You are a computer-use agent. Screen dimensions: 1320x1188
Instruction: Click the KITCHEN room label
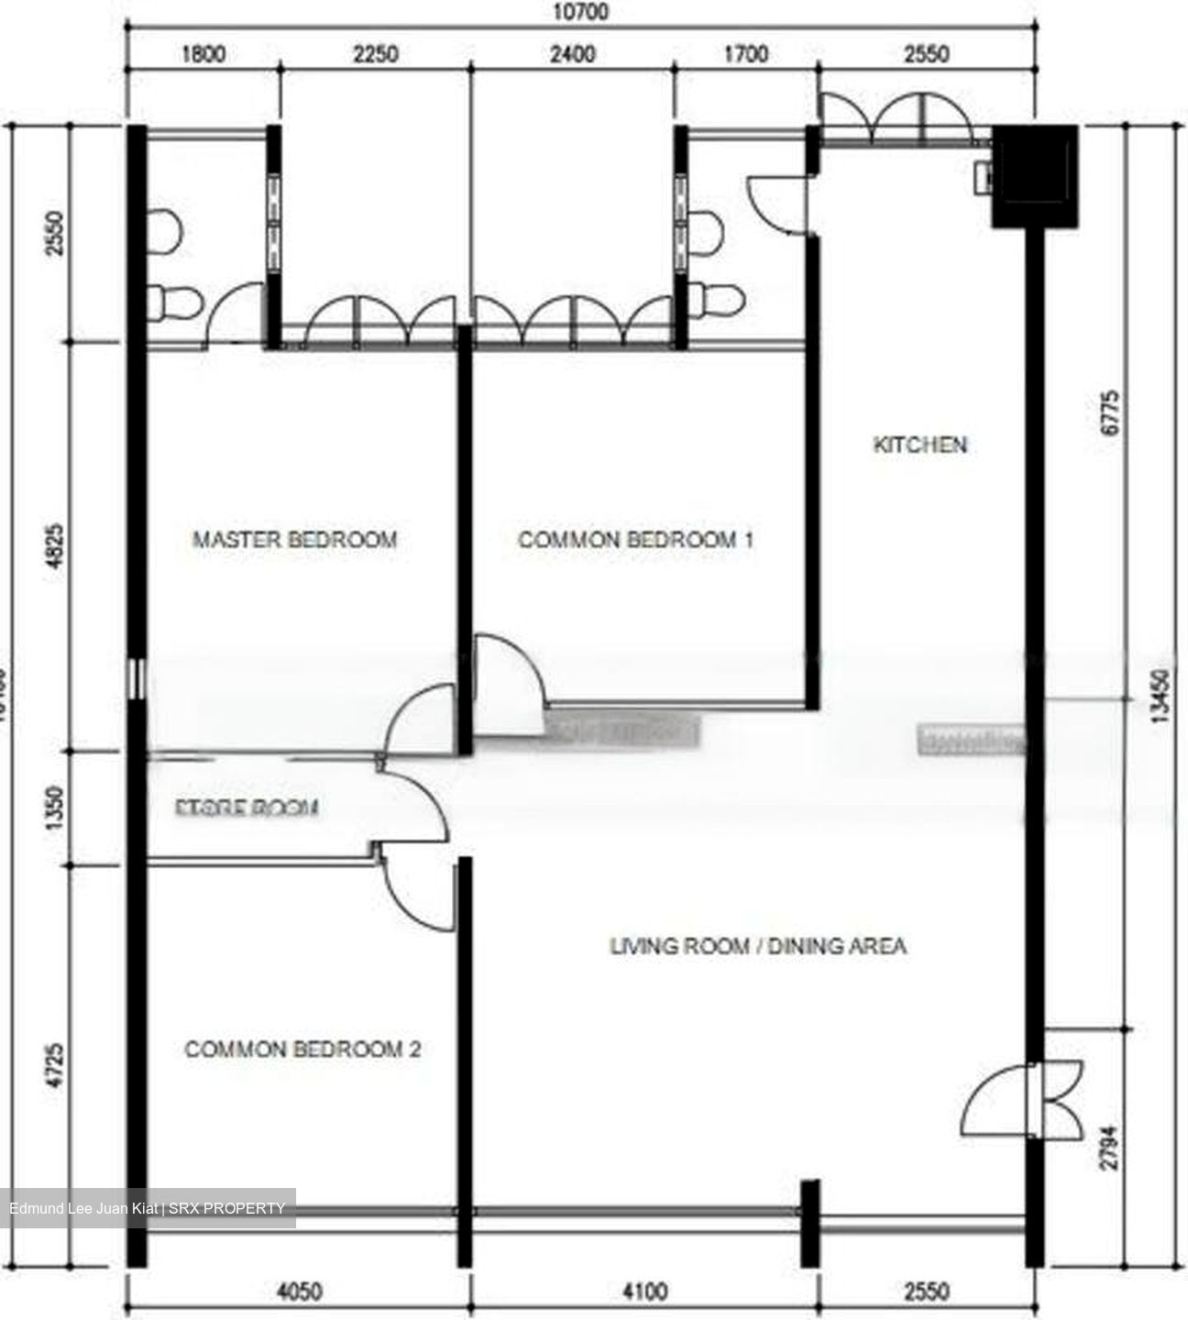[x=919, y=445]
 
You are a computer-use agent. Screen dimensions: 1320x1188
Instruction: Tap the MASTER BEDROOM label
[x=294, y=539]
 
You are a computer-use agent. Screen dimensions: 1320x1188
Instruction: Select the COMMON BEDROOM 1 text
[x=635, y=539]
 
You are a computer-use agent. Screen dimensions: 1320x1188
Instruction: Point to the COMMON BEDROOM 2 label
[x=302, y=1049]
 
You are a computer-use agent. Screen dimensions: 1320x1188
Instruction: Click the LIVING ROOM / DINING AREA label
[x=758, y=945]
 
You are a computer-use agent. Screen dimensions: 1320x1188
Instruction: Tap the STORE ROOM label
[x=247, y=808]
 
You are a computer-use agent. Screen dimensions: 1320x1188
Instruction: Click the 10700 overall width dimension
[x=580, y=13]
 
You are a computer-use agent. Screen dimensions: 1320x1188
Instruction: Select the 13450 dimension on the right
[x=1161, y=697]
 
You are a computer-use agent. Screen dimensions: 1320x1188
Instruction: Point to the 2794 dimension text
[x=1109, y=1146]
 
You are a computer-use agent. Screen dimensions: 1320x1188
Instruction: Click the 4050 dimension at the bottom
[x=299, y=1292]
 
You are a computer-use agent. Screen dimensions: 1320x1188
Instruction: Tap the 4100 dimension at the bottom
[x=644, y=1292]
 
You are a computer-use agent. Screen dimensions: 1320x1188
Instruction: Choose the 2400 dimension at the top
[x=572, y=54]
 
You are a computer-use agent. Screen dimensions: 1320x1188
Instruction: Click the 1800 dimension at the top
[x=203, y=54]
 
